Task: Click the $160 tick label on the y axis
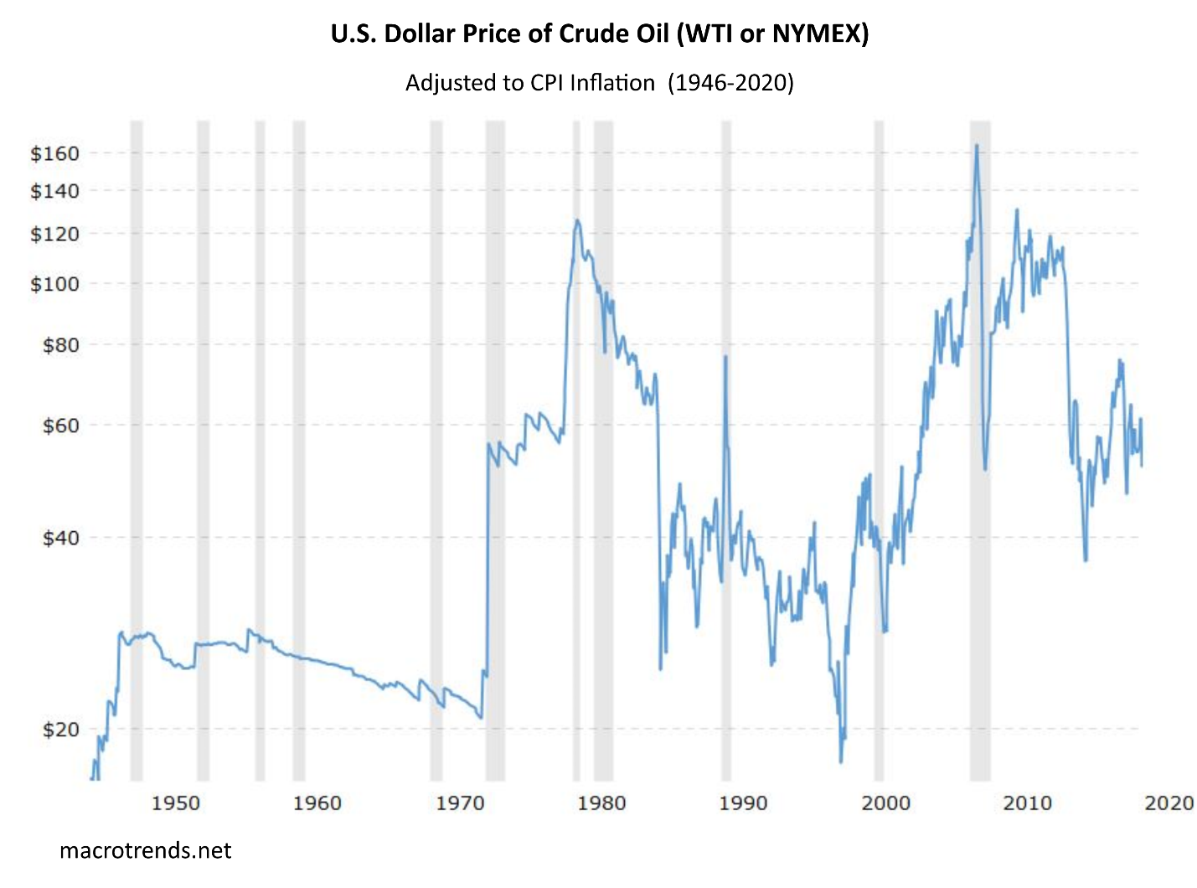[x=54, y=153]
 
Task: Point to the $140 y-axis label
[x=54, y=191]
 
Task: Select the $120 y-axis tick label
[x=54, y=234]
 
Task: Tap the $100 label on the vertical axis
[x=54, y=284]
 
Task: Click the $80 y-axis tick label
[x=60, y=344]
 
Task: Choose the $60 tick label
[x=60, y=426]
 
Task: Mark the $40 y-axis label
[x=60, y=538]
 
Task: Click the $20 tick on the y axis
[x=60, y=730]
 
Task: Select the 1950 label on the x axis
[x=175, y=803]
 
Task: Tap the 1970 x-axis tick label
[x=460, y=803]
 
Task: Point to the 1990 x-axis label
[x=743, y=803]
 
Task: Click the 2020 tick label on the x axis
[x=1169, y=803]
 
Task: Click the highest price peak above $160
[x=977, y=146]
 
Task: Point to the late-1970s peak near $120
[x=576, y=221]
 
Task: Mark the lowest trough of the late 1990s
[x=841, y=761]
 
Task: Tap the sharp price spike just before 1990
[x=725, y=357]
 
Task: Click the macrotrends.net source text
[x=145, y=851]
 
